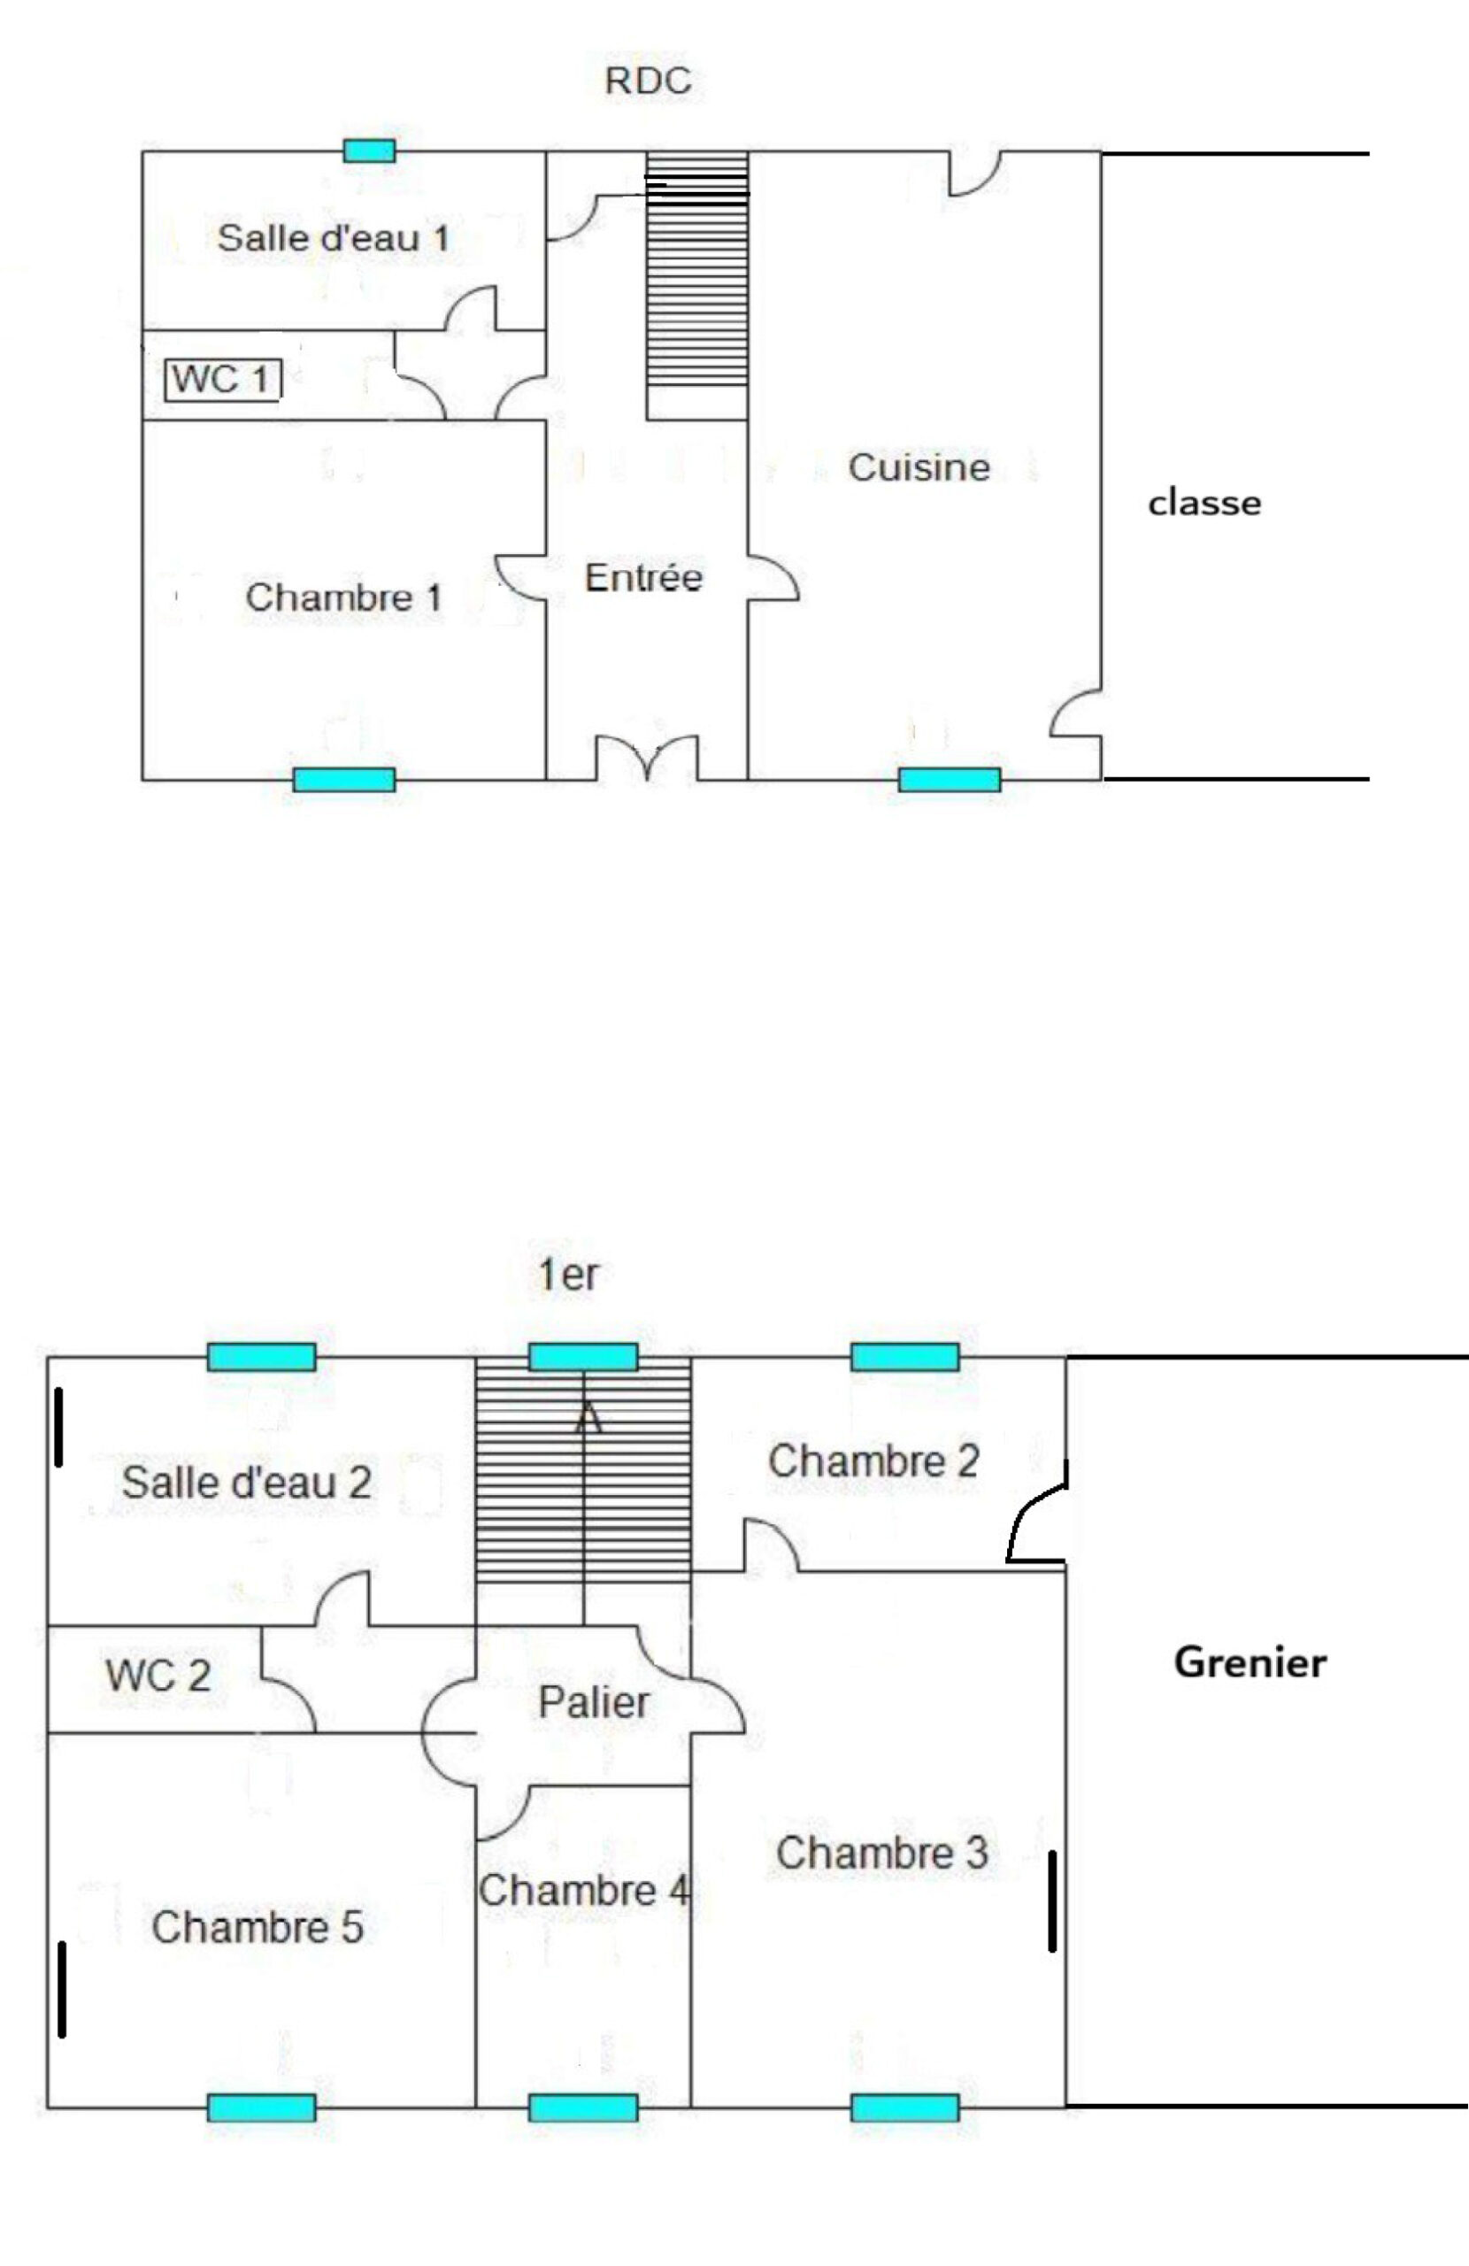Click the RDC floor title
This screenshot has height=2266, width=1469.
(648, 81)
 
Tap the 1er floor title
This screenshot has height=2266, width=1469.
(568, 1275)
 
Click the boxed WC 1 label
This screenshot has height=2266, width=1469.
(223, 379)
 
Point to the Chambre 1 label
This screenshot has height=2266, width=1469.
(343, 597)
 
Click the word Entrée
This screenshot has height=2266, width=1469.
(643, 576)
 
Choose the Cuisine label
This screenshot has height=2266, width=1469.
(919, 466)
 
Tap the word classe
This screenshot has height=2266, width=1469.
(1204, 502)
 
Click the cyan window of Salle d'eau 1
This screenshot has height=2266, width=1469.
(369, 150)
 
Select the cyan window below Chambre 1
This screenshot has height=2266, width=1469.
(343, 780)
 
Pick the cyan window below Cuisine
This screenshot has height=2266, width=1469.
(950, 780)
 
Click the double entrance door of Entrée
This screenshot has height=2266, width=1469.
(648, 757)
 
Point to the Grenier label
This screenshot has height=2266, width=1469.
(1250, 1662)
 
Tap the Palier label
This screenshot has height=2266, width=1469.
(594, 1701)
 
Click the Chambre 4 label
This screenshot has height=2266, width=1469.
(583, 1890)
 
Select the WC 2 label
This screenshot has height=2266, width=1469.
(158, 1675)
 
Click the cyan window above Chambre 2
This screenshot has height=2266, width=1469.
(904, 1357)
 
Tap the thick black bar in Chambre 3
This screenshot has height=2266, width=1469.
(1052, 1901)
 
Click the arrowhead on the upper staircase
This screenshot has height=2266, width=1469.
(588, 1419)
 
